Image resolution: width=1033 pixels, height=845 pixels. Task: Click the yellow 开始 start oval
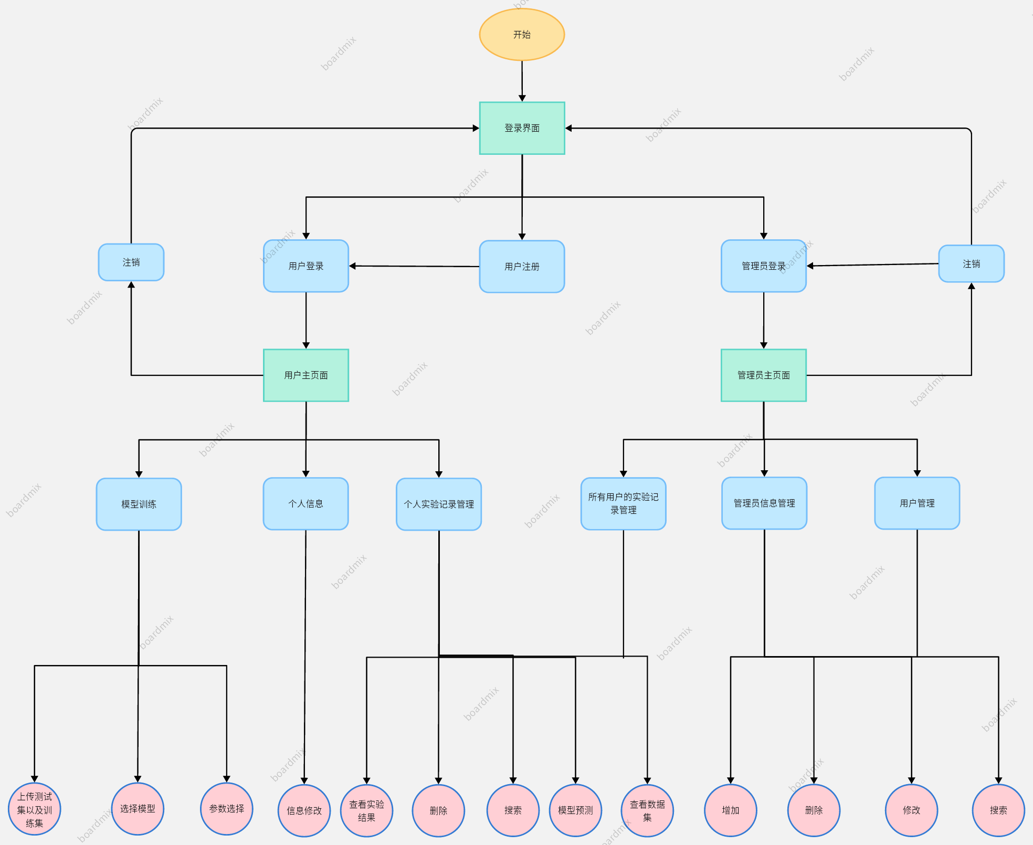(522, 35)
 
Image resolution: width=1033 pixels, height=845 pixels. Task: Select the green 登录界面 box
(522, 128)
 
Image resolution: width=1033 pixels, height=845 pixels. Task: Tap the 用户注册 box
(522, 267)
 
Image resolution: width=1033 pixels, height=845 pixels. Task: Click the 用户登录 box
(306, 266)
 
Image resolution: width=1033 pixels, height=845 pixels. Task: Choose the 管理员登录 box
(763, 266)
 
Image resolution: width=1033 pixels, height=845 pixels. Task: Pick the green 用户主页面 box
(306, 375)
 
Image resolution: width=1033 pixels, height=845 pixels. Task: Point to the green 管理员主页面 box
(763, 375)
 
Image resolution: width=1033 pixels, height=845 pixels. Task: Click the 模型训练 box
(139, 504)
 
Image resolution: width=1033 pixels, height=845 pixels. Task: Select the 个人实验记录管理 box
(439, 504)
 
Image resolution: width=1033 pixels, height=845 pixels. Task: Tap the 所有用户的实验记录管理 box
(623, 503)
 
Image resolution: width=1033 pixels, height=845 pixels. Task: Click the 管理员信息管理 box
(764, 503)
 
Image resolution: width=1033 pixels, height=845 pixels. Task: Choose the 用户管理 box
(917, 503)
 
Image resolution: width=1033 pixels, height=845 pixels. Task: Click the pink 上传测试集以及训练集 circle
(35, 809)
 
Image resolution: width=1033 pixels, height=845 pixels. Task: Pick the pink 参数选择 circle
(227, 809)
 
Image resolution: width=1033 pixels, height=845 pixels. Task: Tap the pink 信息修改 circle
(304, 810)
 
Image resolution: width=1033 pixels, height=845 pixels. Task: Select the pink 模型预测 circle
(575, 810)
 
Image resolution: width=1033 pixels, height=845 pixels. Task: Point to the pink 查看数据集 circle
(647, 810)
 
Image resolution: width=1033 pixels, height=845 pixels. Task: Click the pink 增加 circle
(730, 810)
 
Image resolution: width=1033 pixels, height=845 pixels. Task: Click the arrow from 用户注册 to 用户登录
(415, 267)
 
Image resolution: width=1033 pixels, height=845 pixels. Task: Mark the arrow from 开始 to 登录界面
(522, 81)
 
